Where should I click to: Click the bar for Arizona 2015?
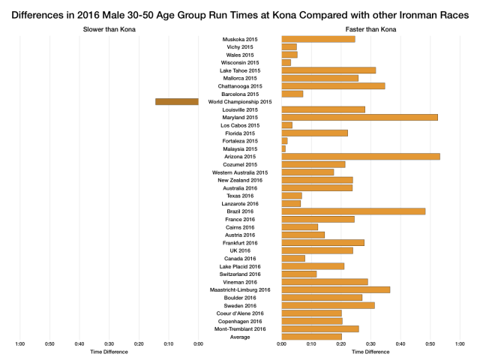360,157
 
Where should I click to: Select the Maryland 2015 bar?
359,117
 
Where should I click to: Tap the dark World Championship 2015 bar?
176,101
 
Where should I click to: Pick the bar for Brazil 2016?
353,211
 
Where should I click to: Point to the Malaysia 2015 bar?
283,148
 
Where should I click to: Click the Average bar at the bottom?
311,337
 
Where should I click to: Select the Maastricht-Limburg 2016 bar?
335,289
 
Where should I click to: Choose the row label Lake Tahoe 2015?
239,70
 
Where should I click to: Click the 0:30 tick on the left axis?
109,344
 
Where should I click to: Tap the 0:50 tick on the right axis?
430,344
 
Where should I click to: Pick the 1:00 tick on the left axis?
19,344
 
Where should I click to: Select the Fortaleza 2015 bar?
284,141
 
